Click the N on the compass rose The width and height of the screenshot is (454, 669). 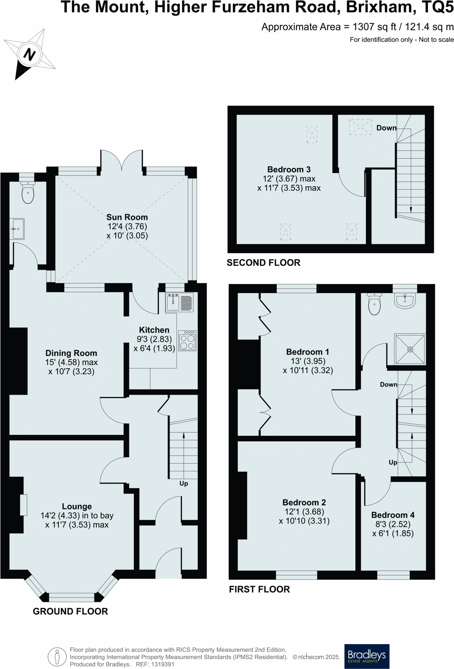[29, 54]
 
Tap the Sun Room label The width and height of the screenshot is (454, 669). [127, 217]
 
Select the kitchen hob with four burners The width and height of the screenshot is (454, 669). [187, 341]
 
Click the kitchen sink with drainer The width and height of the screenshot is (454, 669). [179, 303]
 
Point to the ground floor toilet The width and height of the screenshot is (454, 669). [28, 193]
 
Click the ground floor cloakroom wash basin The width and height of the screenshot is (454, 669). [17, 229]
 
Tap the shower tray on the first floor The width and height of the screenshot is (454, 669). [410, 349]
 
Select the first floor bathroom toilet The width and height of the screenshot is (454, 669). [375, 304]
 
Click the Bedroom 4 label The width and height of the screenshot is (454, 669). [393, 515]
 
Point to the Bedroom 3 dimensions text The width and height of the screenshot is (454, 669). [289, 183]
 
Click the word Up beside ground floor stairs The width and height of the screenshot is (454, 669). [184, 483]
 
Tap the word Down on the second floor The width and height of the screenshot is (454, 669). [386, 128]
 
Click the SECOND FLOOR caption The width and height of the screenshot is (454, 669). [263, 263]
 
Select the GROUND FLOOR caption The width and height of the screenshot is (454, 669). [70, 611]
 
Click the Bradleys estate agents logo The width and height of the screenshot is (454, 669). [367, 656]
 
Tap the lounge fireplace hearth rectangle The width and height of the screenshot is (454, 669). [24, 505]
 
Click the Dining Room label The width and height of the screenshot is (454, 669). [71, 353]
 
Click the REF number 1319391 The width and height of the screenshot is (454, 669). [161, 664]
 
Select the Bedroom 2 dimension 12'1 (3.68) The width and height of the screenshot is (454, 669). [304, 512]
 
